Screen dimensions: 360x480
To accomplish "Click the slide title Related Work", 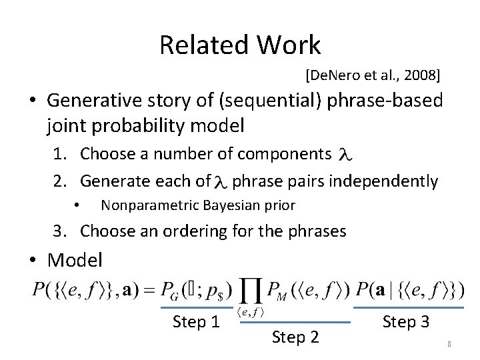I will (x=240, y=45).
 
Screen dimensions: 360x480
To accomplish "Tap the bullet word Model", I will (x=75, y=259).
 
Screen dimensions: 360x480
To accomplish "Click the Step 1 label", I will (x=196, y=322).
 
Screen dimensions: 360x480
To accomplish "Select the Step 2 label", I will (x=295, y=337).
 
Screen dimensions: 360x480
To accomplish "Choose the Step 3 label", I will (x=405, y=322).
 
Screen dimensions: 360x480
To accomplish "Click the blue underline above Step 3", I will (x=408, y=308).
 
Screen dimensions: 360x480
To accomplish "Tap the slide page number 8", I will (x=449, y=344).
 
